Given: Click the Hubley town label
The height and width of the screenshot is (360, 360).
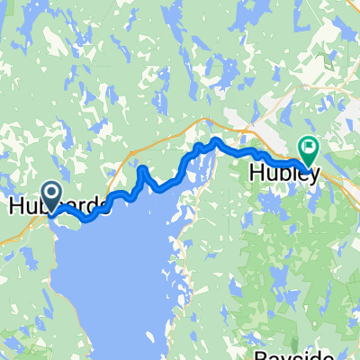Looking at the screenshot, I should point(281,172).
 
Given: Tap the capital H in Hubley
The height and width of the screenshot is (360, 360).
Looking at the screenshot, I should point(254,172).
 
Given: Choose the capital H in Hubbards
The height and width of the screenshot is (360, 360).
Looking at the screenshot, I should point(16,206).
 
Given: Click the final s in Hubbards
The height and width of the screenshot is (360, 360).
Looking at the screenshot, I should point(107,207).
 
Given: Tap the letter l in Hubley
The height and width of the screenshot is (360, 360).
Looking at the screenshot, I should point(292,171).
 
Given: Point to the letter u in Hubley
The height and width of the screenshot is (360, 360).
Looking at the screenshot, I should point(269,173).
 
